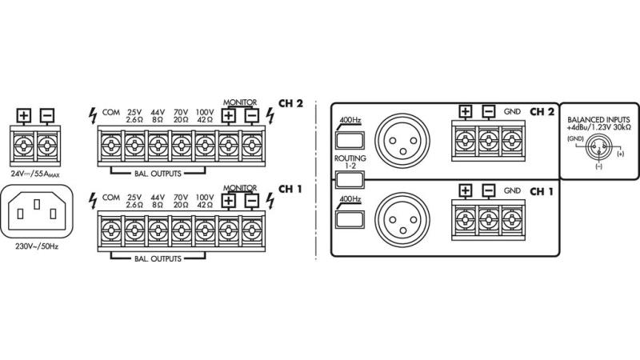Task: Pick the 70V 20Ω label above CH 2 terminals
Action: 182,115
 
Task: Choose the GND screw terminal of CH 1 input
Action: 512,217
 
